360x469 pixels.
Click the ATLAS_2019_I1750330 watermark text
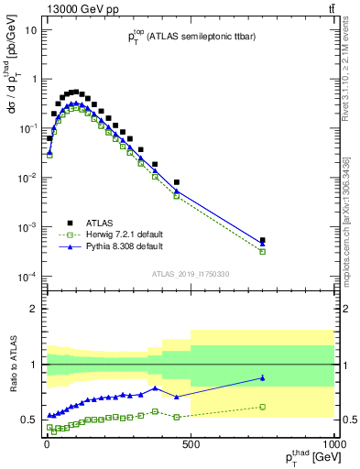190,274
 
